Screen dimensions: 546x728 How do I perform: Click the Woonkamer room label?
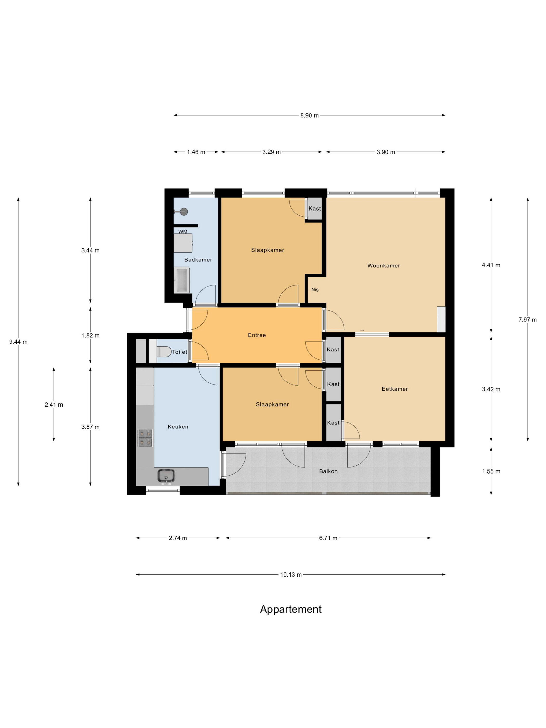(383, 266)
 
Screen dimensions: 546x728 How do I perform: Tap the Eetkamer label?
(395, 389)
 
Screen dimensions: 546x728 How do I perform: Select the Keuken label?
(178, 427)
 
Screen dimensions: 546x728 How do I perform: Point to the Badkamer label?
(198, 260)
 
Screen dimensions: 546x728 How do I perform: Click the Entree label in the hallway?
(257, 335)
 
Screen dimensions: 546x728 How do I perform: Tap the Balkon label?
(328, 471)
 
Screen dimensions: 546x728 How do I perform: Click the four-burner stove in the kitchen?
(145, 438)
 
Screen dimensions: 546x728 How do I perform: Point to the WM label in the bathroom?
(183, 232)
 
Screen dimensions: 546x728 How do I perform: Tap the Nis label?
(315, 290)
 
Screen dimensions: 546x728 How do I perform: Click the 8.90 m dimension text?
(309, 115)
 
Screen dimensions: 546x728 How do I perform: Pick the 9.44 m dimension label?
(18, 342)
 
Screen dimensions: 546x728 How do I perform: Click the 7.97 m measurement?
(528, 320)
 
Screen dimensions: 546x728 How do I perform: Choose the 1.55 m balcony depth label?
(491, 471)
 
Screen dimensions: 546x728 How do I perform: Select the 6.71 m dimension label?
(328, 538)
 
